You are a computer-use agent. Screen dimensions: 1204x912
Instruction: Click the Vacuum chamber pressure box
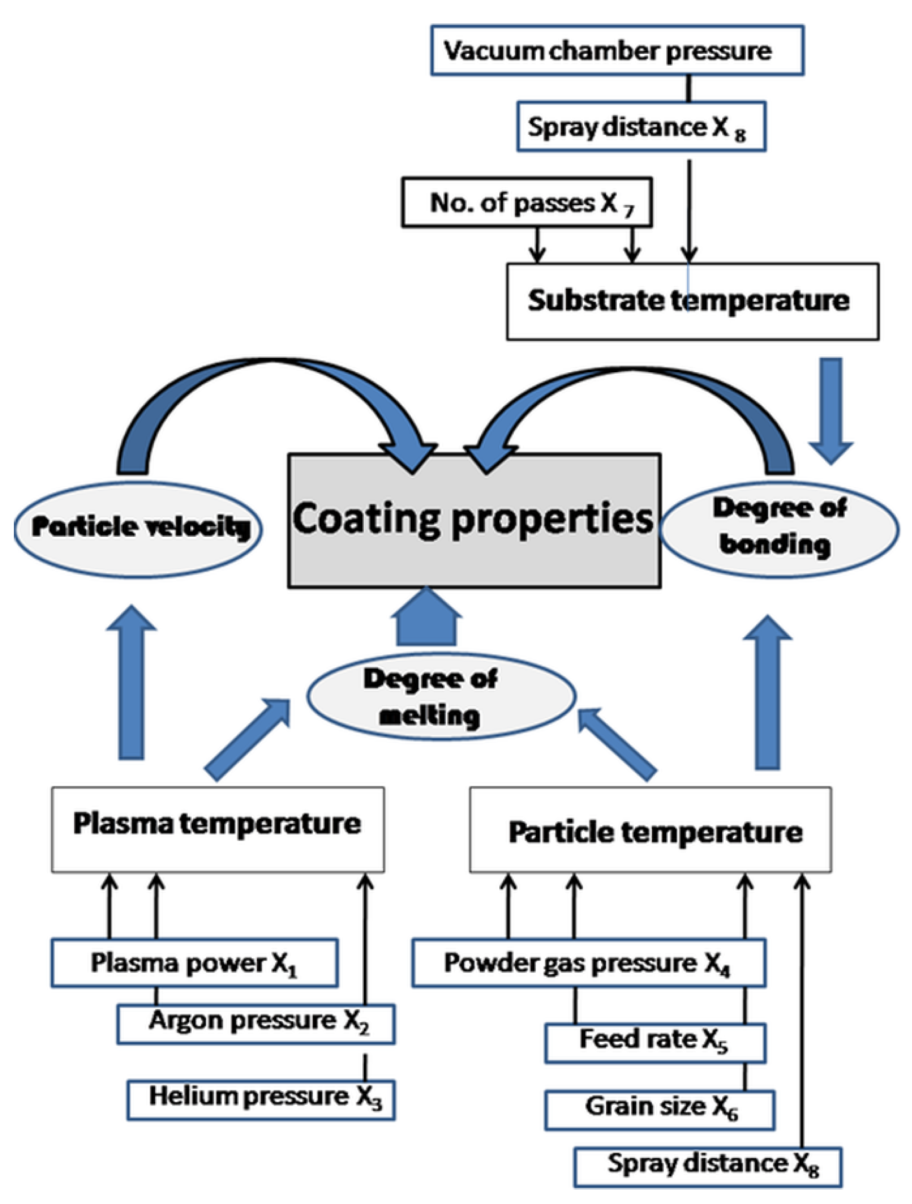tap(617, 50)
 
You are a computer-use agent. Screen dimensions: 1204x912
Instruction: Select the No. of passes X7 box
tap(526, 202)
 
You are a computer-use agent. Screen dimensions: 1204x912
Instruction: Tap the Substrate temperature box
tap(692, 302)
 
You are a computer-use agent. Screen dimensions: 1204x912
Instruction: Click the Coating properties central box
tap(473, 520)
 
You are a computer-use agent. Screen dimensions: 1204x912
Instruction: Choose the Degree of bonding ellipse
tap(778, 528)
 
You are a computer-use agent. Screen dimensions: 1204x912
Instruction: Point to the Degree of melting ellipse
tap(440, 696)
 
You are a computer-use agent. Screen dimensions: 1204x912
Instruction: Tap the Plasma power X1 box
tap(194, 962)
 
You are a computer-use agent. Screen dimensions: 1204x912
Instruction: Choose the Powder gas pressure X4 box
tap(589, 962)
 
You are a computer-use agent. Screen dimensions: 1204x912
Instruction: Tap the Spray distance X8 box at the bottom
tap(707, 1167)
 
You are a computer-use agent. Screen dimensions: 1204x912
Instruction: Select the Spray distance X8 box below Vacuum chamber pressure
tap(641, 126)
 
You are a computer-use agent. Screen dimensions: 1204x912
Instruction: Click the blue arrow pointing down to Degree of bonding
tap(831, 408)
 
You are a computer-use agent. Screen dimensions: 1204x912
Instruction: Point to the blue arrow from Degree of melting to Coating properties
tap(427, 618)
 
